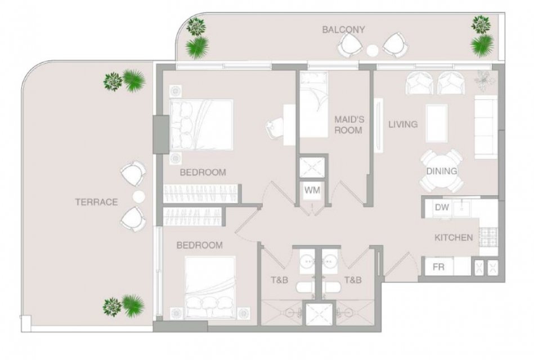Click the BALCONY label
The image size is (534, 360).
(x=343, y=30)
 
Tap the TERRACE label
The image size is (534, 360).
(x=96, y=202)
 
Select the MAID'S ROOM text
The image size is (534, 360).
(x=349, y=125)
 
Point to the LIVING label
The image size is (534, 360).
(x=403, y=124)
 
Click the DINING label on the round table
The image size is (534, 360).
(x=441, y=171)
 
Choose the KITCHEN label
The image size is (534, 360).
(x=454, y=237)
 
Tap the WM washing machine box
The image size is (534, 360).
(x=312, y=190)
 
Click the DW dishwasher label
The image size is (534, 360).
(x=442, y=207)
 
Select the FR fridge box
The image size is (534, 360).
(x=439, y=266)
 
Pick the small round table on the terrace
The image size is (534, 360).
(x=138, y=196)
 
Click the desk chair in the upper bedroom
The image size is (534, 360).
(x=275, y=128)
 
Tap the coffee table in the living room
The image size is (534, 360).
(x=437, y=123)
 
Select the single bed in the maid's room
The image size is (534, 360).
(x=313, y=104)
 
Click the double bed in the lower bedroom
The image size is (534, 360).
(x=210, y=287)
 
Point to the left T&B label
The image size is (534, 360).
(x=279, y=280)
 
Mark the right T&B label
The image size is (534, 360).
(x=353, y=280)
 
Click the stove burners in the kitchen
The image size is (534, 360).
(x=488, y=237)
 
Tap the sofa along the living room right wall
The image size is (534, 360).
(x=486, y=127)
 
